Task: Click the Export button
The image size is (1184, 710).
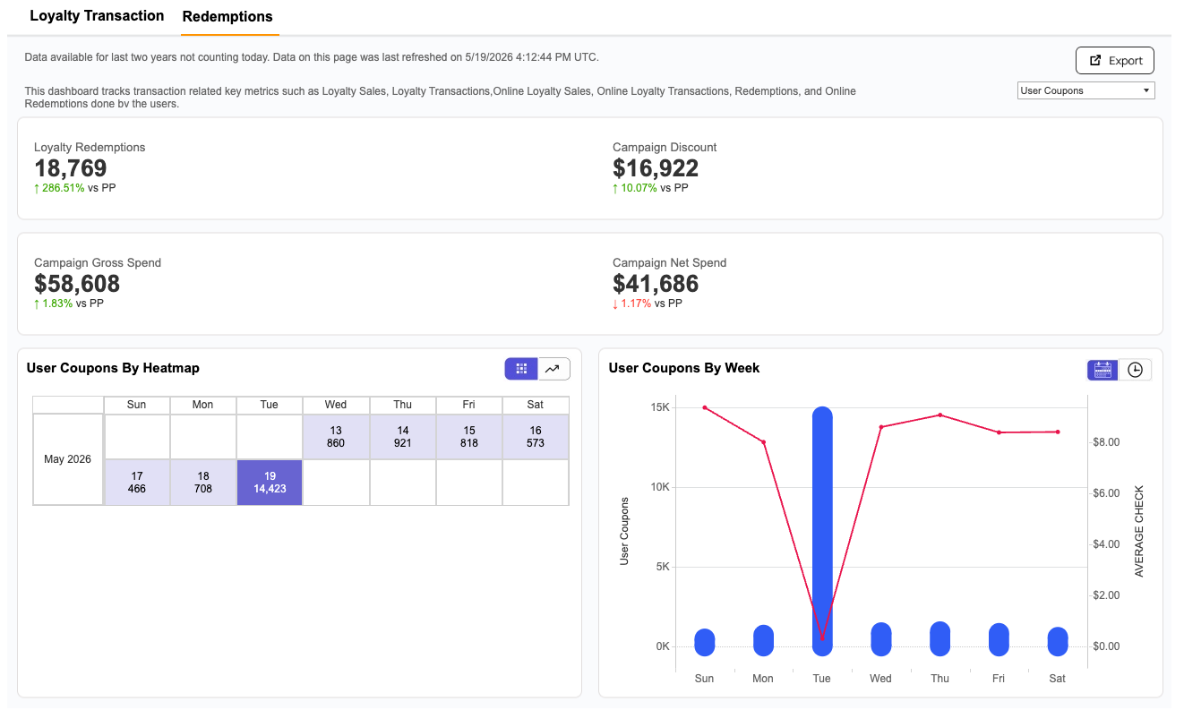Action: [1114, 60]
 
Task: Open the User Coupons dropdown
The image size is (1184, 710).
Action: [1085, 90]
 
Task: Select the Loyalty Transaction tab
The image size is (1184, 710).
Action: [97, 16]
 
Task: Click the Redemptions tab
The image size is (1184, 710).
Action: [227, 16]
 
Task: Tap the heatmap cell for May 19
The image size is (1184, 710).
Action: [270, 483]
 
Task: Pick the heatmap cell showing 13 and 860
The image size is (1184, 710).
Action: [336, 437]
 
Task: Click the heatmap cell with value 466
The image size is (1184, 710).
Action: [137, 483]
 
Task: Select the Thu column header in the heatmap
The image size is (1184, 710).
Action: [402, 405]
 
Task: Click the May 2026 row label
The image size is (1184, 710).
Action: [68, 459]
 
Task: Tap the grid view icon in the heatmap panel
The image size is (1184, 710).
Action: [521, 369]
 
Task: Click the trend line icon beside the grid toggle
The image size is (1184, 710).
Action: [553, 369]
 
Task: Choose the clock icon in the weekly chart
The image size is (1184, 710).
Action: [1135, 370]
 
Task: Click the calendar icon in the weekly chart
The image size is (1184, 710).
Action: [1102, 370]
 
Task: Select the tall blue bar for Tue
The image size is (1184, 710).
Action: [822, 531]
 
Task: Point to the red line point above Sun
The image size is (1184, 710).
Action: [705, 408]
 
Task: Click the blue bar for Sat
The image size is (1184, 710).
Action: [1058, 641]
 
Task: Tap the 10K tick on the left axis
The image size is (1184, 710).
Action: [660, 487]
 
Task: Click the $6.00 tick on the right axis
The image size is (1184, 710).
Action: [1106, 493]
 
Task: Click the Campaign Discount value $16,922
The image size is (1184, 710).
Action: [656, 168]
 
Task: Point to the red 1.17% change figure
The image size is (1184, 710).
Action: [636, 304]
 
